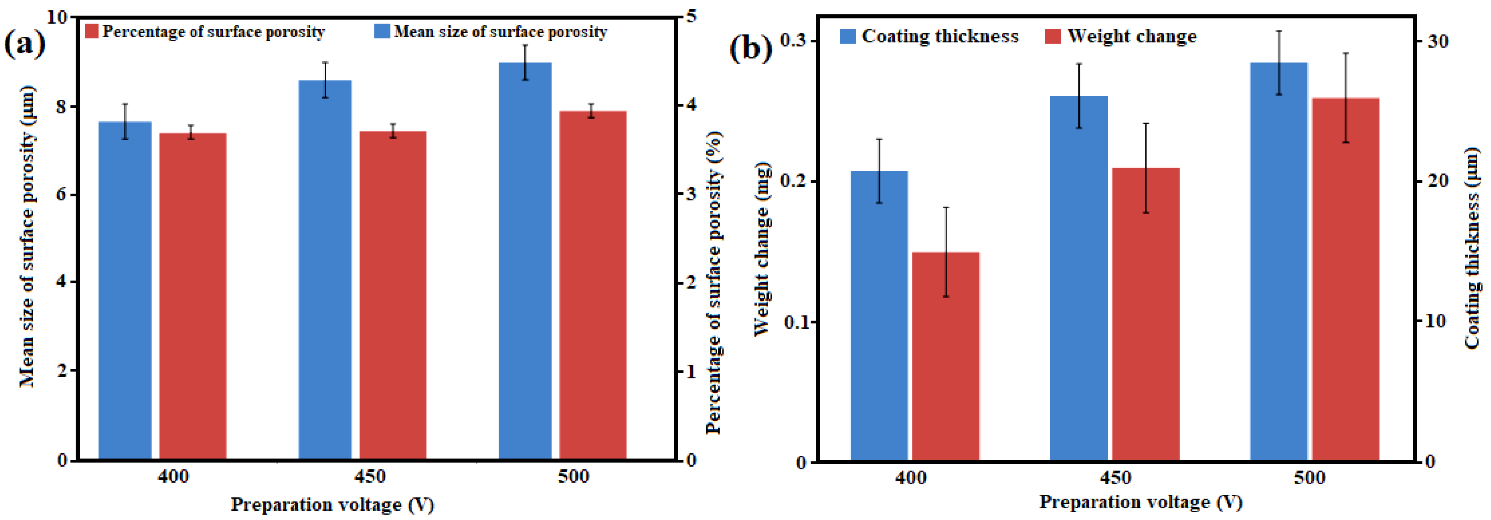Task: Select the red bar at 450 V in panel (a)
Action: click(393, 295)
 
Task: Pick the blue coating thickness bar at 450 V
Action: click(1078, 278)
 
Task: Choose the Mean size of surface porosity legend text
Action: click(501, 32)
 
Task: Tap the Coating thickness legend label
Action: click(940, 37)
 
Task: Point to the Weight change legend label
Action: click(1132, 37)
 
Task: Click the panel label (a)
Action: click(24, 44)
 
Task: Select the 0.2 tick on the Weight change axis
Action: click(793, 181)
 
